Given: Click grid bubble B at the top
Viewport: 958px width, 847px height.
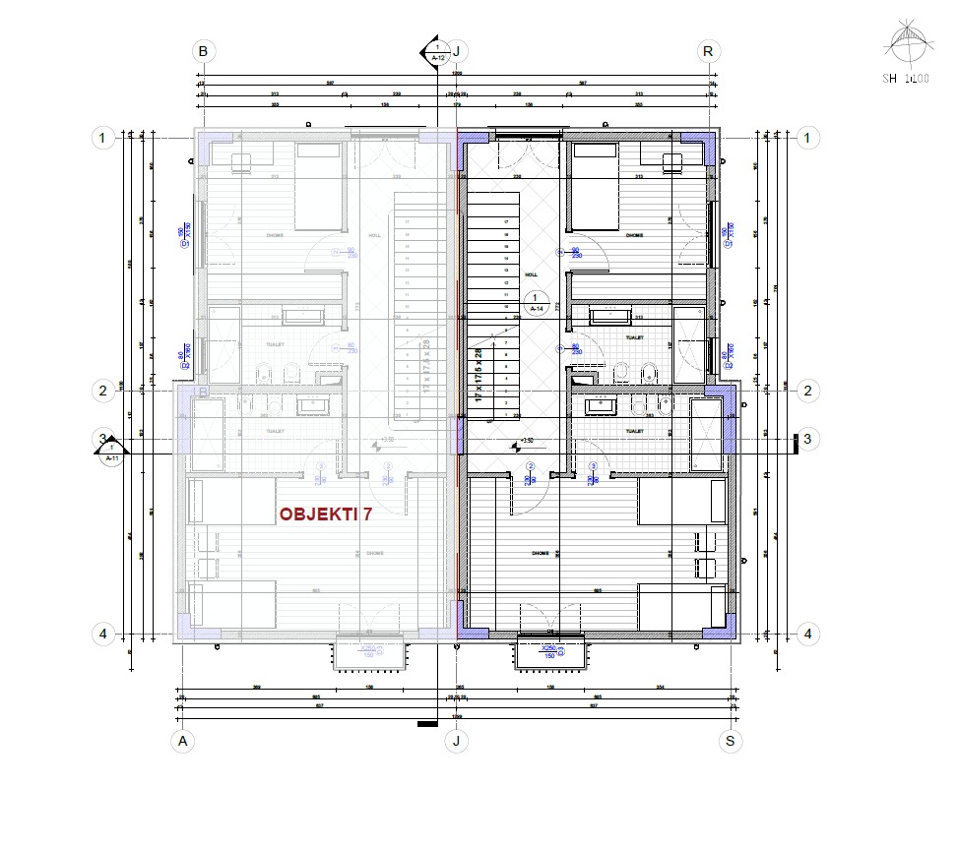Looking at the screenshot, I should point(204,51).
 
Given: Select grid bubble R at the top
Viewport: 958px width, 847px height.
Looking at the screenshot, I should point(708,51).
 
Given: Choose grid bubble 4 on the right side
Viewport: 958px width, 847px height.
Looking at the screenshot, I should point(808,634).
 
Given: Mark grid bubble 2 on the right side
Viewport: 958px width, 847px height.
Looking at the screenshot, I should point(808,391).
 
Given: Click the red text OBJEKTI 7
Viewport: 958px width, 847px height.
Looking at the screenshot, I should point(325,514).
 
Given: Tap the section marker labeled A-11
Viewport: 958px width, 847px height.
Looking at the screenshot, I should point(111,452).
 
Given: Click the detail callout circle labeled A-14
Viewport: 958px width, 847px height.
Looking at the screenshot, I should point(535,301).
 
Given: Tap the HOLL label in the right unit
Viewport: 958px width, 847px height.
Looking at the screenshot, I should point(532,275).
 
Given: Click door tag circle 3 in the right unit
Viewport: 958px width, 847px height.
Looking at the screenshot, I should point(593,466).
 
